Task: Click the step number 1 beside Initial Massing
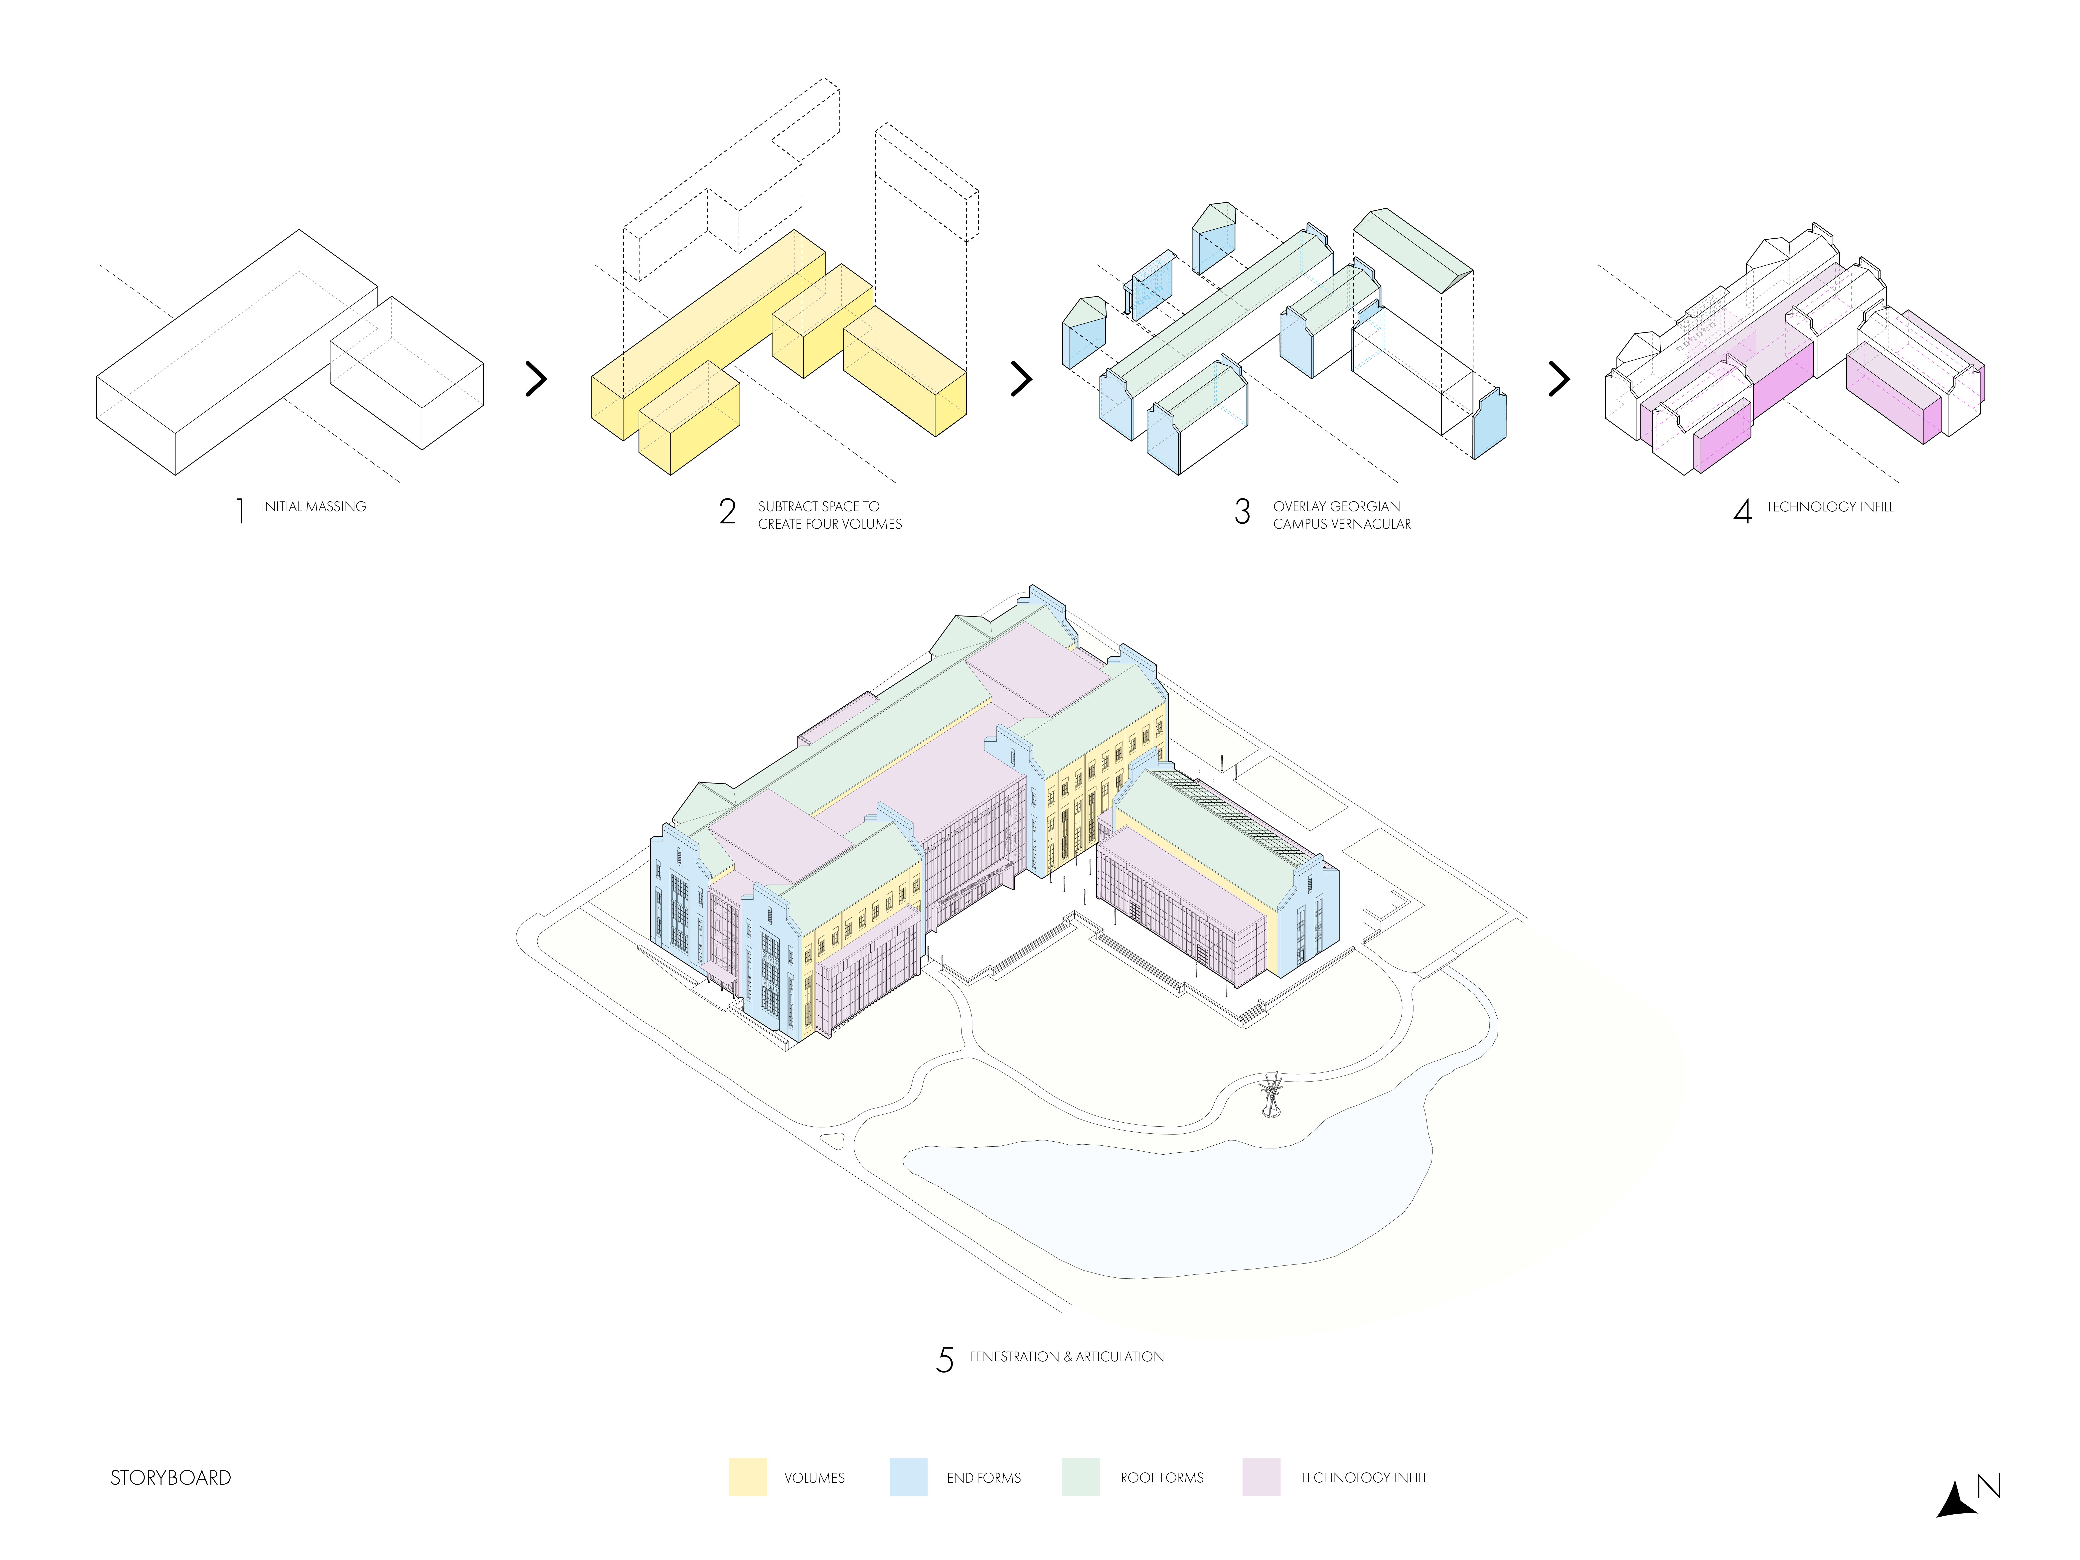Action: (241, 511)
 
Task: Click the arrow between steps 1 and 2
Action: (536, 379)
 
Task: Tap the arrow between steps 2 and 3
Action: (1021, 379)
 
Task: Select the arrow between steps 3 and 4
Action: (1559, 379)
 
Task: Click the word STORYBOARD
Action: (171, 1477)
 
